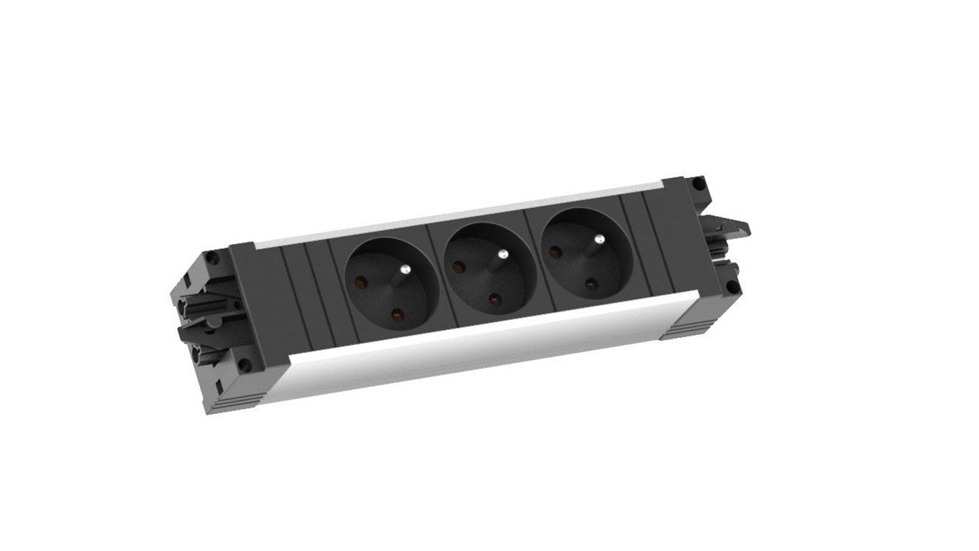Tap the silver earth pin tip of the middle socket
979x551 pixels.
pos(504,253)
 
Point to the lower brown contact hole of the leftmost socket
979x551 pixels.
pos(395,313)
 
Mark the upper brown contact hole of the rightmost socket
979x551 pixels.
pos(554,252)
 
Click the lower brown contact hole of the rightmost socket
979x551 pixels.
pos(590,284)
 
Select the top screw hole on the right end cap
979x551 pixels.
pos(697,183)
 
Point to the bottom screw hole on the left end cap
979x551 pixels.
pos(245,364)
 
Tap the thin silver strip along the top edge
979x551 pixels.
pos(459,215)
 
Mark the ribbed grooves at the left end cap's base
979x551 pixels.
pos(244,395)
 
